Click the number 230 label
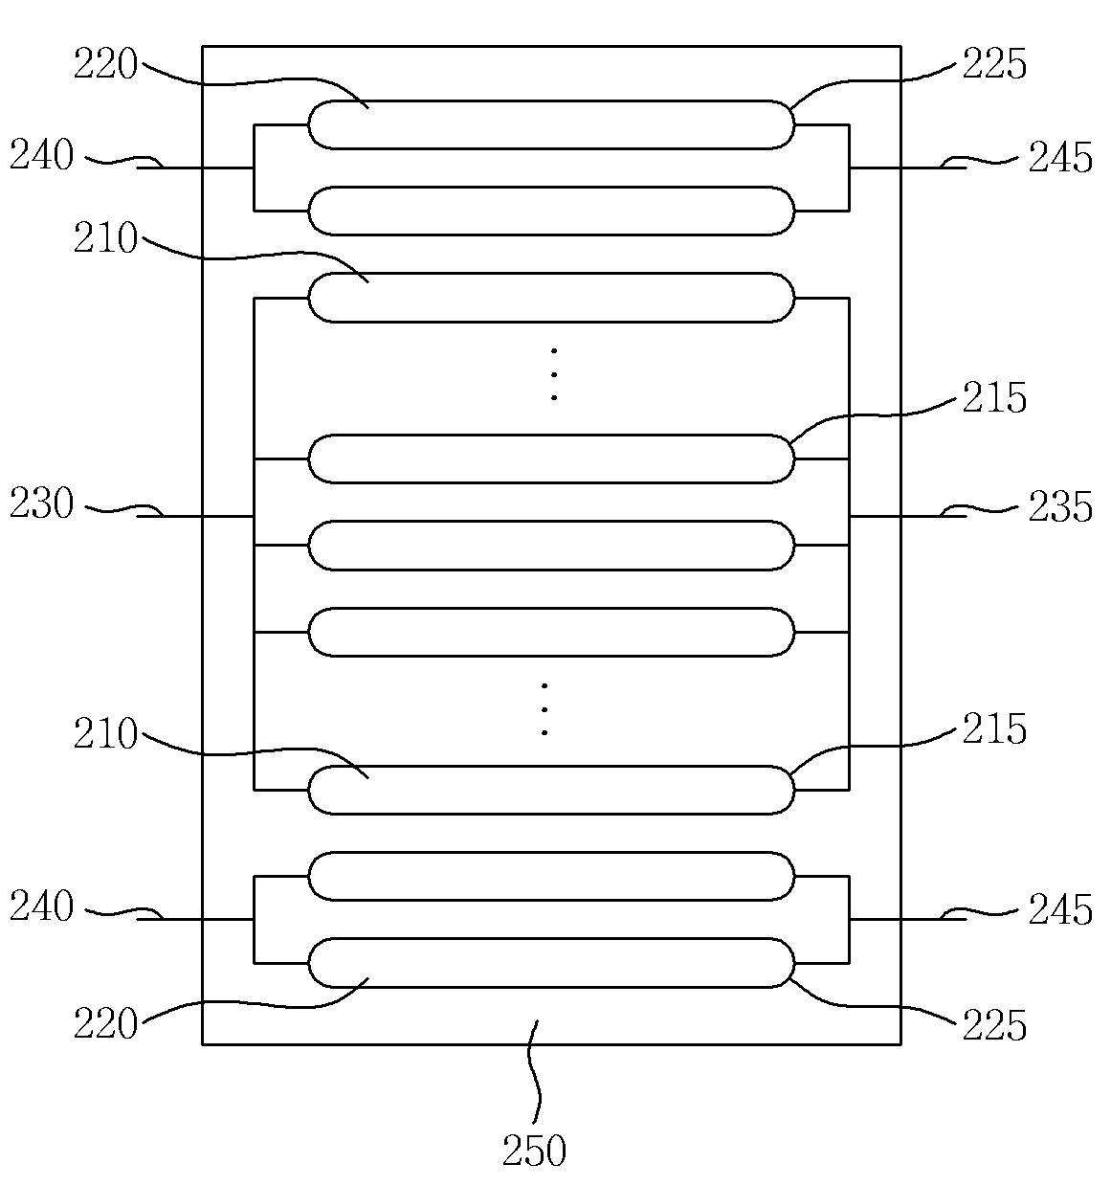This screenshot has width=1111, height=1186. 42,504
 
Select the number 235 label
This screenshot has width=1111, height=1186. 1060,507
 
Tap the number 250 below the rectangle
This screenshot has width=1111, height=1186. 534,1151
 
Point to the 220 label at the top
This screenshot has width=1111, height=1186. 106,66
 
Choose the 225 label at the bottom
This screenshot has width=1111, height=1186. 994,1025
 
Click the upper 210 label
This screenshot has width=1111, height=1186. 106,239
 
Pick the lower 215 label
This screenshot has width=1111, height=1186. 994,729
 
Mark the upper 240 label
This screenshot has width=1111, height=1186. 42,155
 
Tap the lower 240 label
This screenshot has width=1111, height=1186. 42,906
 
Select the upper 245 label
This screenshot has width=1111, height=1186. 1060,158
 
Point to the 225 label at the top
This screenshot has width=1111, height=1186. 994,65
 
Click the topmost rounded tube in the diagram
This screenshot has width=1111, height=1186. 551,124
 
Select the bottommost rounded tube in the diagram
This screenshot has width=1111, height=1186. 551,962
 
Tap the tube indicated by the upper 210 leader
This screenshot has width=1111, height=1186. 551,298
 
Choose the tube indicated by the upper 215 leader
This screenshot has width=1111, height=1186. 551,459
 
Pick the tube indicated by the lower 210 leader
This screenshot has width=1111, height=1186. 551,790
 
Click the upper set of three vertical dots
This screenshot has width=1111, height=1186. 554,374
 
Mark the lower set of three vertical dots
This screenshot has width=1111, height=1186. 544,709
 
